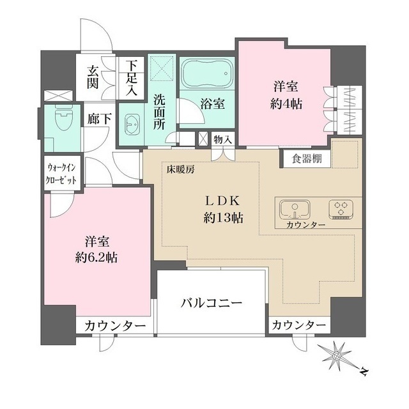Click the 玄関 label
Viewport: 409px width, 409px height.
[x=93, y=77]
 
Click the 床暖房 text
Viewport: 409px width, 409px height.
[x=181, y=171]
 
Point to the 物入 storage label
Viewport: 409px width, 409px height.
[x=223, y=139]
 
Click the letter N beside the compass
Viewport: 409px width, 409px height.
[x=362, y=370]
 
